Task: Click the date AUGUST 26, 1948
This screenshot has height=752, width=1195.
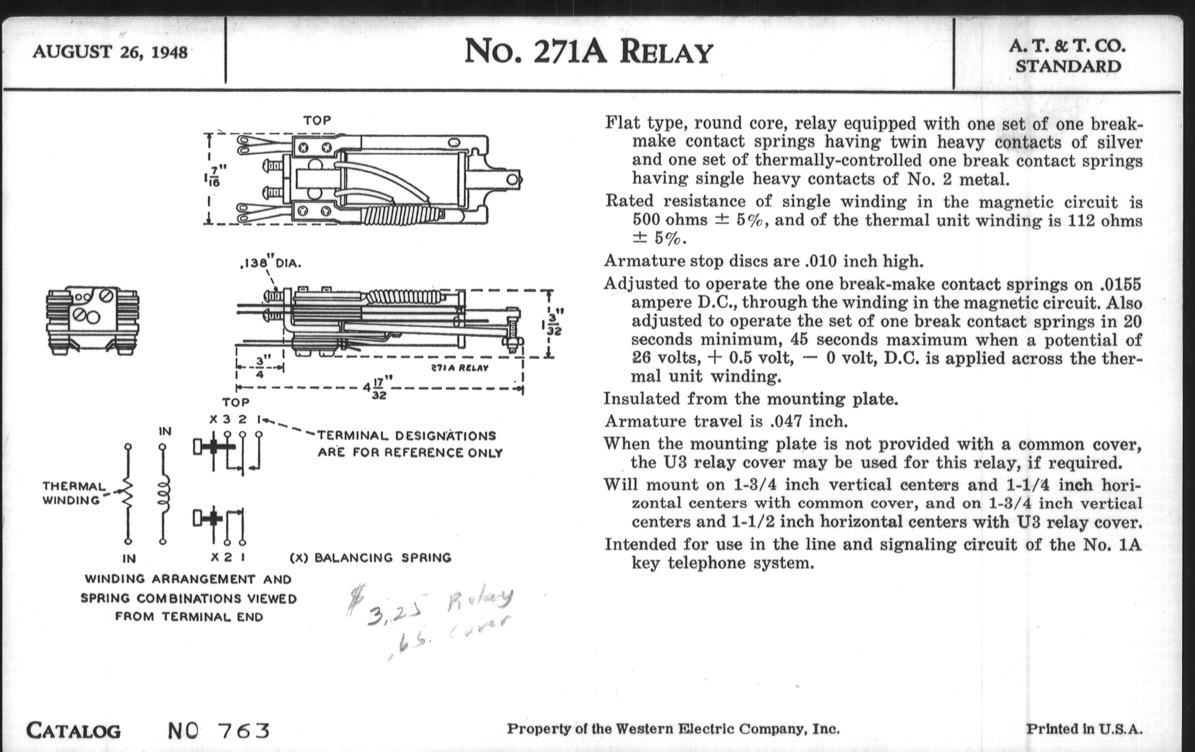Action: [110, 52]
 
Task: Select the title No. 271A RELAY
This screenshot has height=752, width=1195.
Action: [588, 52]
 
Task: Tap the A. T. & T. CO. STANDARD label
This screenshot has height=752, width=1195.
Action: [1067, 56]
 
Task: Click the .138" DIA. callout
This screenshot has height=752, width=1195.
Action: [270, 263]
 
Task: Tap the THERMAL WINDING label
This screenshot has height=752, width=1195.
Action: [73, 493]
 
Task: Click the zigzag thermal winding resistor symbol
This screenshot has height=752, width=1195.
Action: [128, 493]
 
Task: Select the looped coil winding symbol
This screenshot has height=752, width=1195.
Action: [163, 493]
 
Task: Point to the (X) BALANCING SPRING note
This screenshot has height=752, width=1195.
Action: [370, 557]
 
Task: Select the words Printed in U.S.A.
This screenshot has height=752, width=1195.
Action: [1084, 729]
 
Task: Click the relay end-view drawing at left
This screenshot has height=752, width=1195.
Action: [92, 319]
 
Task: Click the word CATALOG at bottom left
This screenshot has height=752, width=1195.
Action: [73, 731]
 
